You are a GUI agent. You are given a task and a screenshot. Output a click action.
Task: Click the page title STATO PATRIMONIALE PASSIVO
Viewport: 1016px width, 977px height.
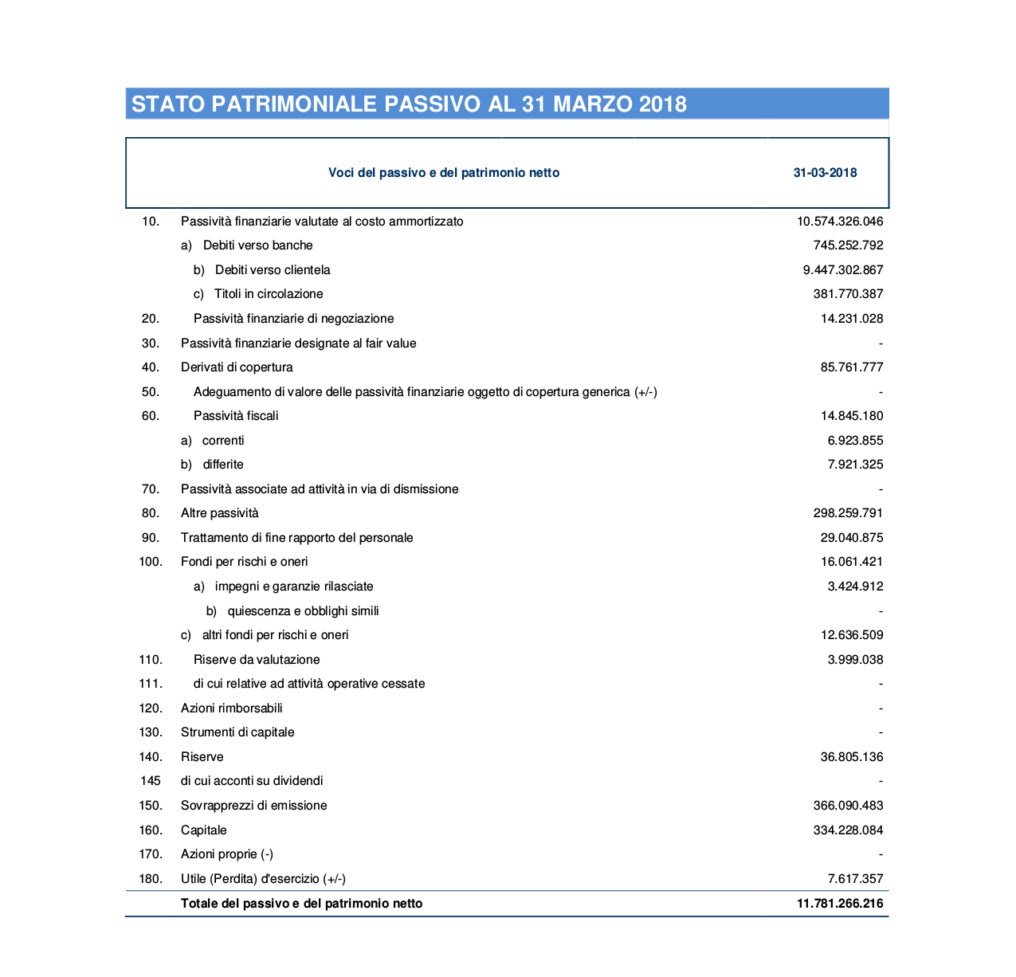pyautogui.click(x=409, y=104)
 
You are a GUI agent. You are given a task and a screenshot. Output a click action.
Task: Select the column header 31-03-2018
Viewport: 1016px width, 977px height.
pyautogui.click(x=825, y=173)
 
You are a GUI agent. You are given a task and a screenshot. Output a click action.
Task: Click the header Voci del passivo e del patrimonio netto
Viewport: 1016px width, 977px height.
pyautogui.click(x=444, y=173)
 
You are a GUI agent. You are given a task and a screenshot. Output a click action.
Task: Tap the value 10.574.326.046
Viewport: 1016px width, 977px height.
pyautogui.click(x=840, y=222)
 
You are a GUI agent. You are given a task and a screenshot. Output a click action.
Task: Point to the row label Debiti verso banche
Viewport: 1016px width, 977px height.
pyautogui.click(x=257, y=245)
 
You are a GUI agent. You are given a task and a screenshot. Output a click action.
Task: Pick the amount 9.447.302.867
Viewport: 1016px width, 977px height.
pyautogui.click(x=843, y=270)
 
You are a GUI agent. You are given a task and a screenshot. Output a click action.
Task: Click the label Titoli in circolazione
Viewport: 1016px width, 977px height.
pyautogui.click(x=269, y=294)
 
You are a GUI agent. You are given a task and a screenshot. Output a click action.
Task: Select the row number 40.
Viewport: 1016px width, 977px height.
pyautogui.click(x=150, y=367)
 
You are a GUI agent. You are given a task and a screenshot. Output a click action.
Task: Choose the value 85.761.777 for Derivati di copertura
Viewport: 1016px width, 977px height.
pyautogui.click(x=851, y=367)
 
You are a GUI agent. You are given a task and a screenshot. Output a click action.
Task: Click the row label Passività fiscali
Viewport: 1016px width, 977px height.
pyautogui.click(x=236, y=416)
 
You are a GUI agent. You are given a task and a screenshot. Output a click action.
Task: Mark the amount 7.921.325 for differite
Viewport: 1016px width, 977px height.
pyautogui.click(x=855, y=465)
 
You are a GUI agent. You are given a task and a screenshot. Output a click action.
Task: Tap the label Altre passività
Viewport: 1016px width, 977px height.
pyautogui.click(x=220, y=513)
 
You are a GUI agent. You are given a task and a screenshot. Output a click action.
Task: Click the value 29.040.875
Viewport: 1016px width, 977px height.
pyautogui.click(x=851, y=538)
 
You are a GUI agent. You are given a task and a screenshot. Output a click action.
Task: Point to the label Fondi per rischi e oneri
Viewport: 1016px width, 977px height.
pyautogui.click(x=245, y=562)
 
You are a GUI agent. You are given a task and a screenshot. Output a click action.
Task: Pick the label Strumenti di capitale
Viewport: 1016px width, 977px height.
pyautogui.click(x=237, y=732)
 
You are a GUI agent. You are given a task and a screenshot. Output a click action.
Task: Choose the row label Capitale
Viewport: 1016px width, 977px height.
pyautogui.click(x=204, y=830)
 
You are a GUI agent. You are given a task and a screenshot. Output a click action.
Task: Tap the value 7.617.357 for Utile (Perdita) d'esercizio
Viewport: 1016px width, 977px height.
pyautogui.click(x=855, y=879)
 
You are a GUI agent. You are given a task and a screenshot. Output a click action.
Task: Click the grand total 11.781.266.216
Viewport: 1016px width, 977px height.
pyautogui.click(x=840, y=904)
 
